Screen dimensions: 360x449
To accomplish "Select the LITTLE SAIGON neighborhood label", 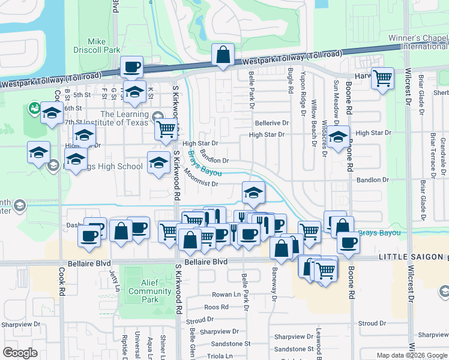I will (x=412, y=257).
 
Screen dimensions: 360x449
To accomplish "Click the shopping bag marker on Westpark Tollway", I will (x=223, y=55).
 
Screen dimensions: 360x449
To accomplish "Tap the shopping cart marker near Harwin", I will (x=382, y=78).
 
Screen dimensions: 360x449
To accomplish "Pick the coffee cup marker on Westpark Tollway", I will (x=131, y=67).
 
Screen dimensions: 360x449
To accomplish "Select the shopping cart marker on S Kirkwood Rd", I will (x=166, y=128).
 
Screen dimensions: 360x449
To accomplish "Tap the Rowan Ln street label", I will (x=226, y=295).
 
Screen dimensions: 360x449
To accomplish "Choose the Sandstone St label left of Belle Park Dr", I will (x=230, y=344).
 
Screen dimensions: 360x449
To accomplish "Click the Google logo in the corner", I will (x=20, y=353).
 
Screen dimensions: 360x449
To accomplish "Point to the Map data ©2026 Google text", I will (x=412, y=355).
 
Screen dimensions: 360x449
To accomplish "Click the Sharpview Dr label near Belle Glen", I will (x=219, y=331).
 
